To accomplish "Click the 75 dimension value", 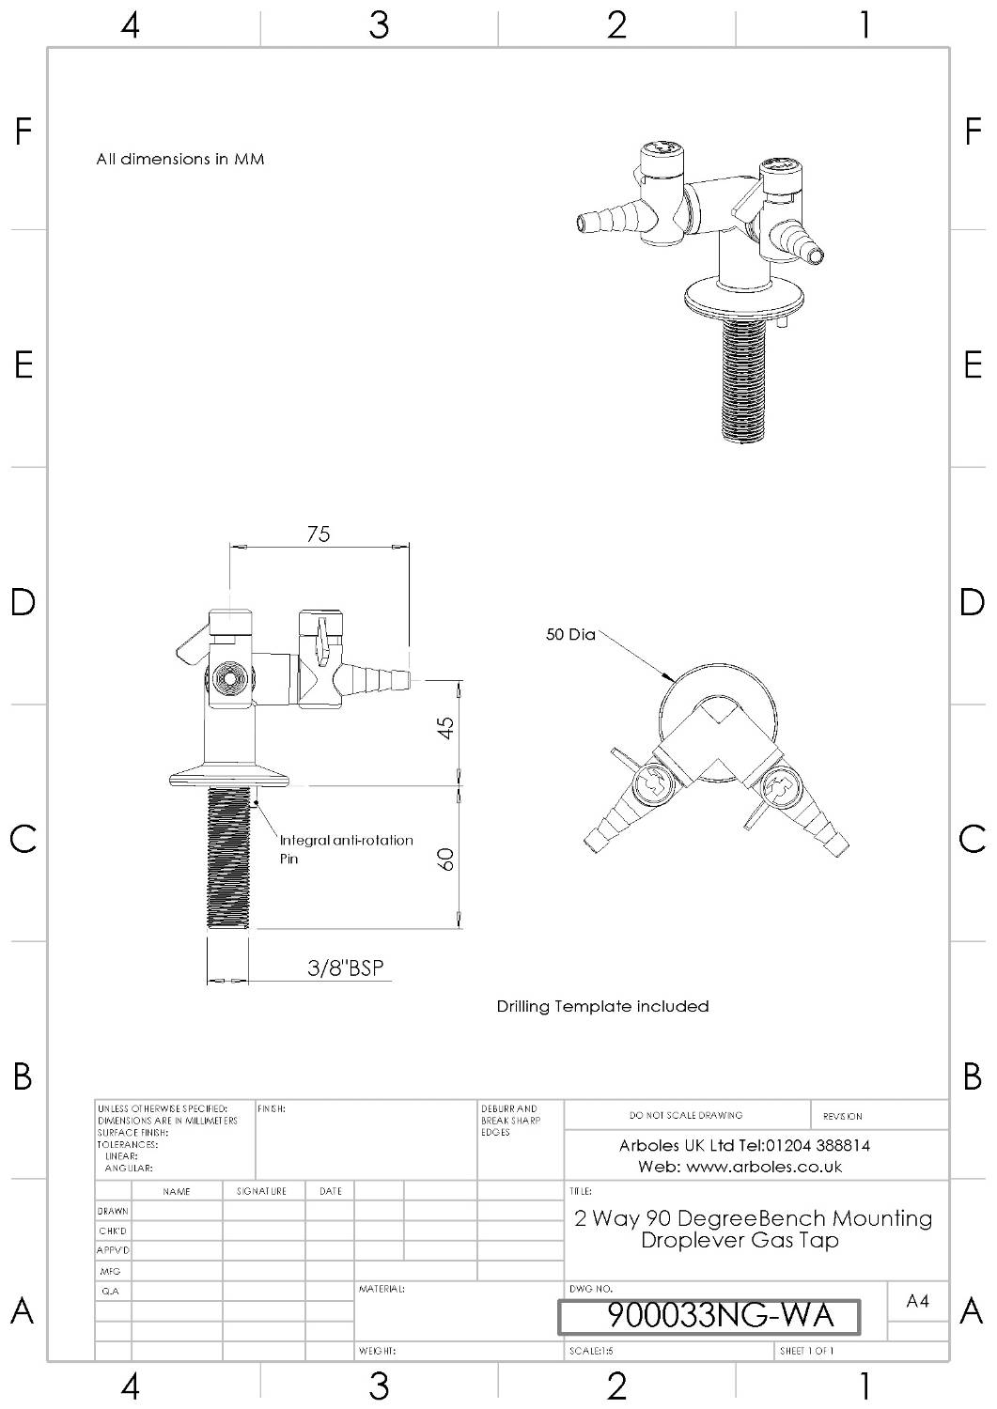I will (x=319, y=534).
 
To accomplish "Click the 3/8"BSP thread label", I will (x=346, y=968).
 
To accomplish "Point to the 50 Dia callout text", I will (x=570, y=635).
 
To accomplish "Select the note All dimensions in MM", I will (x=180, y=159).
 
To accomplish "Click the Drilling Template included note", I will (x=602, y=1006).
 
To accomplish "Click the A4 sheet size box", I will (x=917, y=1301).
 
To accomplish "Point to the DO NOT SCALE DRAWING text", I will (x=686, y=1115).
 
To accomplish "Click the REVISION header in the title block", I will (x=842, y=1116).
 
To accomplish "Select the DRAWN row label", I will (x=113, y=1212).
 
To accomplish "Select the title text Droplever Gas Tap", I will (x=740, y=1240).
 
